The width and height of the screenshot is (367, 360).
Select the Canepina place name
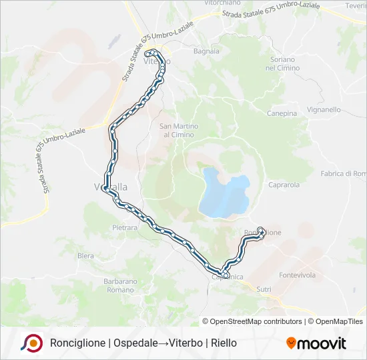[282, 113]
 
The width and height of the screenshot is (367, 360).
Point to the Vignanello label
[322, 109]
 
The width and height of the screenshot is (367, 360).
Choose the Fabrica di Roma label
[343, 173]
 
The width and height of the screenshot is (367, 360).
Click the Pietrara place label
[125, 227]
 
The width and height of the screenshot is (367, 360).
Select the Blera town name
[85, 255]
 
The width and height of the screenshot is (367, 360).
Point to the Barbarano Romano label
[120, 285]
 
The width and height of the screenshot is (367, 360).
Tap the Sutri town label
[264, 289]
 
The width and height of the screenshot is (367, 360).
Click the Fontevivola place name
[297, 275]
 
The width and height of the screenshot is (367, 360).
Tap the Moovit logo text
[322, 343]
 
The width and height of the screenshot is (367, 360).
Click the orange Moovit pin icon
[291, 343]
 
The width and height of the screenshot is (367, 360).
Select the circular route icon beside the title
[31, 343]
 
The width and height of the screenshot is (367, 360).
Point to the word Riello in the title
[224, 343]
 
